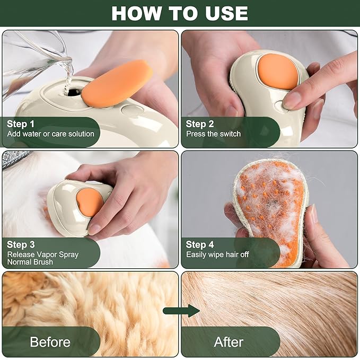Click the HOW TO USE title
point(180,13)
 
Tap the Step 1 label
point(21,124)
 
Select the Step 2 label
point(199,124)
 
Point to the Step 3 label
point(21,244)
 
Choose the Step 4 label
point(200,244)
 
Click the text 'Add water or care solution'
point(50,134)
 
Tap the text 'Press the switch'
point(213,134)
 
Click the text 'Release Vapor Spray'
point(42,254)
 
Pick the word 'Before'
point(50,342)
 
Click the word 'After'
point(229,342)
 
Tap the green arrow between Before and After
point(180,311)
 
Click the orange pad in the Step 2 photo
point(278,72)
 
